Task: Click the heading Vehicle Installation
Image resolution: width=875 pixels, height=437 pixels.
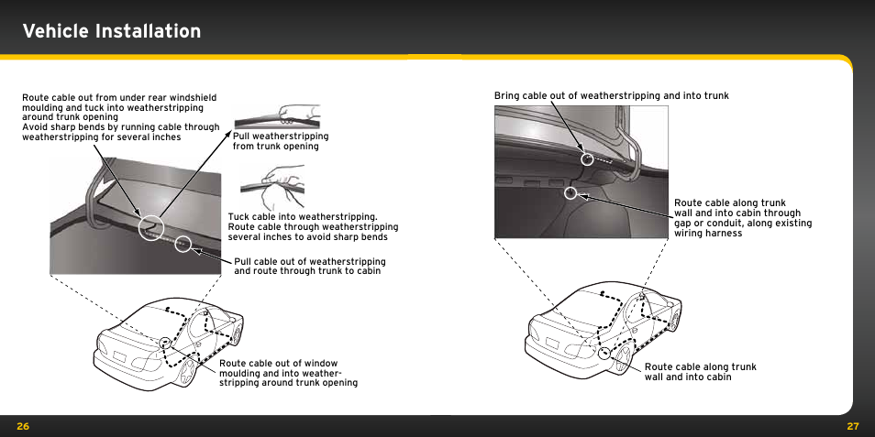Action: click(112, 31)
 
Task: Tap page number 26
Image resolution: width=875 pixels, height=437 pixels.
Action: click(24, 426)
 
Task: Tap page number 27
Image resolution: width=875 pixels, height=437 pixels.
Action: click(852, 426)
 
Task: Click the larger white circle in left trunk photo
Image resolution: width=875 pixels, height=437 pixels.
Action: click(150, 226)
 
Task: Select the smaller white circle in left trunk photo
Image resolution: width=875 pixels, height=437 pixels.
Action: click(183, 244)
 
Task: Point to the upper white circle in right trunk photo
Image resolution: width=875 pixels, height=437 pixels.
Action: click(588, 158)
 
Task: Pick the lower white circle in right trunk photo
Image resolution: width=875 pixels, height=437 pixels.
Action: click(570, 193)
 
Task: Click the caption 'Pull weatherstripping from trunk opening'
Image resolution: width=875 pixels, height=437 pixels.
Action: click(280, 141)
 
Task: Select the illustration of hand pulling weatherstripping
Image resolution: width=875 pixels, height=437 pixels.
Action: click(277, 116)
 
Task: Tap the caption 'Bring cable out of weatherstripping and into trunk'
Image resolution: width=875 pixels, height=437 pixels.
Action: click(611, 95)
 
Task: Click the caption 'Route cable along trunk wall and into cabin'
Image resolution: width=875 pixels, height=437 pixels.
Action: click(700, 372)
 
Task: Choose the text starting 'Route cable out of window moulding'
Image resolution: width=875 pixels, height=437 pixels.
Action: click(287, 372)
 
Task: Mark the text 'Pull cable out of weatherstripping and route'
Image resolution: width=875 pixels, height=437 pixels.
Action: click(309, 267)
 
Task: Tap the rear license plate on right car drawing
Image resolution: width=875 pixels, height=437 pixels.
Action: click(551, 344)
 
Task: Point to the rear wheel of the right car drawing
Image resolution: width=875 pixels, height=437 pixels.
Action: click(617, 359)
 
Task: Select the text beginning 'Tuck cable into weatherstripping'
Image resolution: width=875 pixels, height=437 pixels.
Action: click(312, 226)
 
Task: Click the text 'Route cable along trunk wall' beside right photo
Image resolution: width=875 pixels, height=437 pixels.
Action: click(742, 218)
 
